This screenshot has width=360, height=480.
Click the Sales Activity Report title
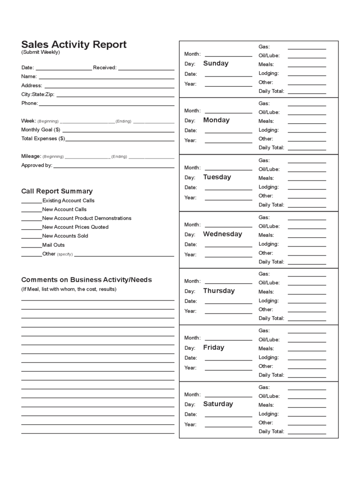[x=74, y=45]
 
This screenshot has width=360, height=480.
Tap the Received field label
[x=105, y=67]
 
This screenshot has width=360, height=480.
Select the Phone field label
[x=29, y=103]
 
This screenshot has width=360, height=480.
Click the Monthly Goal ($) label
[x=41, y=129]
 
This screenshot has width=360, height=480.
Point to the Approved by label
[x=37, y=165]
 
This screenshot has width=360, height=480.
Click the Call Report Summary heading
[x=57, y=191]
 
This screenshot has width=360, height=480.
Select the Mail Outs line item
[x=53, y=245]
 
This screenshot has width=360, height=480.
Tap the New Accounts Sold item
[x=65, y=236]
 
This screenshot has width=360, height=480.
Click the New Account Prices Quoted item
[x=75, y=227]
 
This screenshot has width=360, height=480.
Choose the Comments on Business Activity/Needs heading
[x=86, y=280]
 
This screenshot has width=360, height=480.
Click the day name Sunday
[x=216, y=63]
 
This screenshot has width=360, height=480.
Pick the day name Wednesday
[x=222, y=234]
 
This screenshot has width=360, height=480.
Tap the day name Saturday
[x=217, y=404]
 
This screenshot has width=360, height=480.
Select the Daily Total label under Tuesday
[x=271, y=205]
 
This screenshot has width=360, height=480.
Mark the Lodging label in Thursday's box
[x=269, y=300]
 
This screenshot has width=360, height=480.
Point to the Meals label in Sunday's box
[x=266, y=64]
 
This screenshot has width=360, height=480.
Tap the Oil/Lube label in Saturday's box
[x=269, y=396]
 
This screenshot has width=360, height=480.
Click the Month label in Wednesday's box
[x=192, y=225]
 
